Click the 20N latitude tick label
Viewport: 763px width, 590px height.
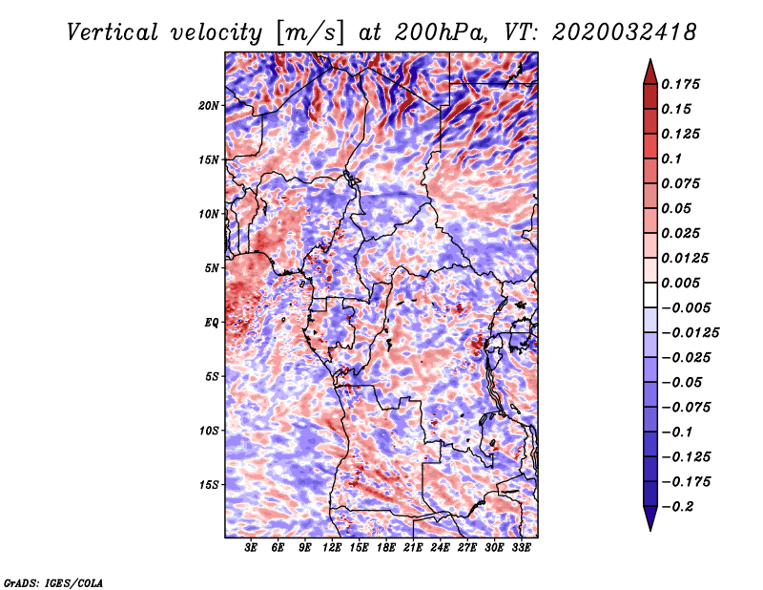tap(209, 105)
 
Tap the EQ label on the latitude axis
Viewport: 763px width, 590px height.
tap(212, 323)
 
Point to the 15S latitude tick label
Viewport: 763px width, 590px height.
tap(209, 485)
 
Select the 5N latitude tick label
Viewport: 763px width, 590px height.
tap(212, 268)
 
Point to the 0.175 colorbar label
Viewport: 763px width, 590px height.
tap(681, 84)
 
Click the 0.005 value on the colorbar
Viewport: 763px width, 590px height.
tap(681, 283)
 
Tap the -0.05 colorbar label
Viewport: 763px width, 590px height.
tap(681, 382)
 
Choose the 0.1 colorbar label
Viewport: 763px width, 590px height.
tap(671, 158)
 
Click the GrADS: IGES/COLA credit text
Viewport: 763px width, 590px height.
tap(53, 581)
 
